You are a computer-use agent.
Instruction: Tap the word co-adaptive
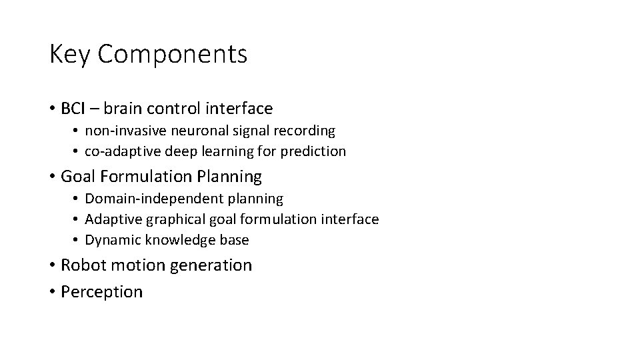click(x=121, y=151)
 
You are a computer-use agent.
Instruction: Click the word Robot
click(x=81, y=265)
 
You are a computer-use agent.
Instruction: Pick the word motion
click(x=137, y=265)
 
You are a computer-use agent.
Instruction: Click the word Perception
click(x=101, y=292)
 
